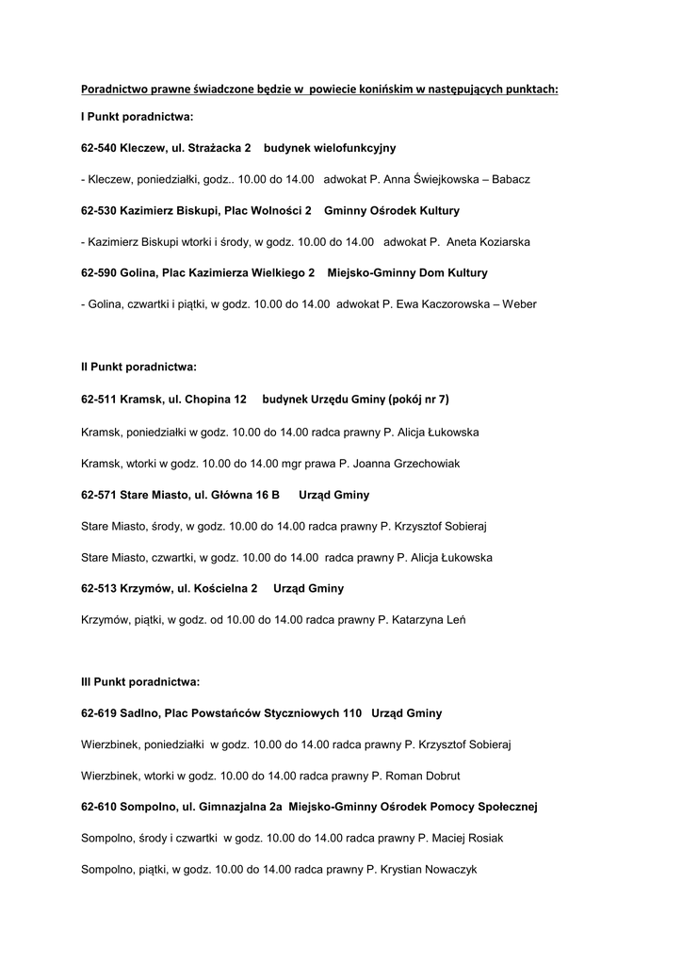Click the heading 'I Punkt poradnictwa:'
click(x=137, y=117)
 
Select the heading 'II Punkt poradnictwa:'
click(x=138, y=366)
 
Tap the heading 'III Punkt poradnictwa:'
click(x=140, y=681)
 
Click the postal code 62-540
click(x=99, y=148)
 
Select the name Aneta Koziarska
click(x=488, y=242)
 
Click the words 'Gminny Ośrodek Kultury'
click(x=392, y=210)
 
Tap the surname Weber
click(x=517, y=304)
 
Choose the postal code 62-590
click(x=99, y=273)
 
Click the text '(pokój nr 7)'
click(x=418, y=400)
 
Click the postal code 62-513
click(x=99, y=588)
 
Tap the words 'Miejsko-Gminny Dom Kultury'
click(x=407, y=273)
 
